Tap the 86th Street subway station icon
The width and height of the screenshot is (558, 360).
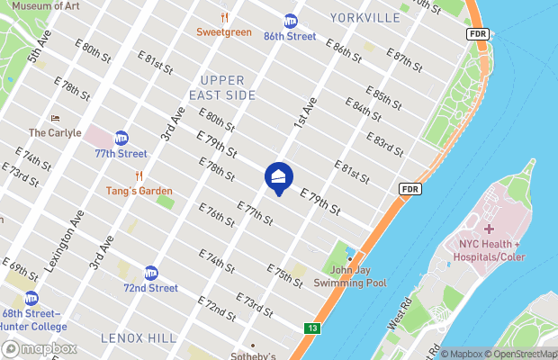(x=291, y=21)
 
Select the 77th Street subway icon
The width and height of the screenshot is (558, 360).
(x=121, y=139)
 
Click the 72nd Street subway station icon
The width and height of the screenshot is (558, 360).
(x=151, y=272)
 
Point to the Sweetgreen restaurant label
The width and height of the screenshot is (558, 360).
(x=224, y=32)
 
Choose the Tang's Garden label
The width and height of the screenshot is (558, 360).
(x=139, y=191)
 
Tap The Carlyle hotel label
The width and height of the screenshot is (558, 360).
(x=55, y=132)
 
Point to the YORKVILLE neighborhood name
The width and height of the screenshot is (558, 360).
(x=364, y=17)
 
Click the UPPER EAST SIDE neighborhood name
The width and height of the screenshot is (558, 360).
(x=222, y=87)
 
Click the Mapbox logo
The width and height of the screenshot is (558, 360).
(x=40, y=348)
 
